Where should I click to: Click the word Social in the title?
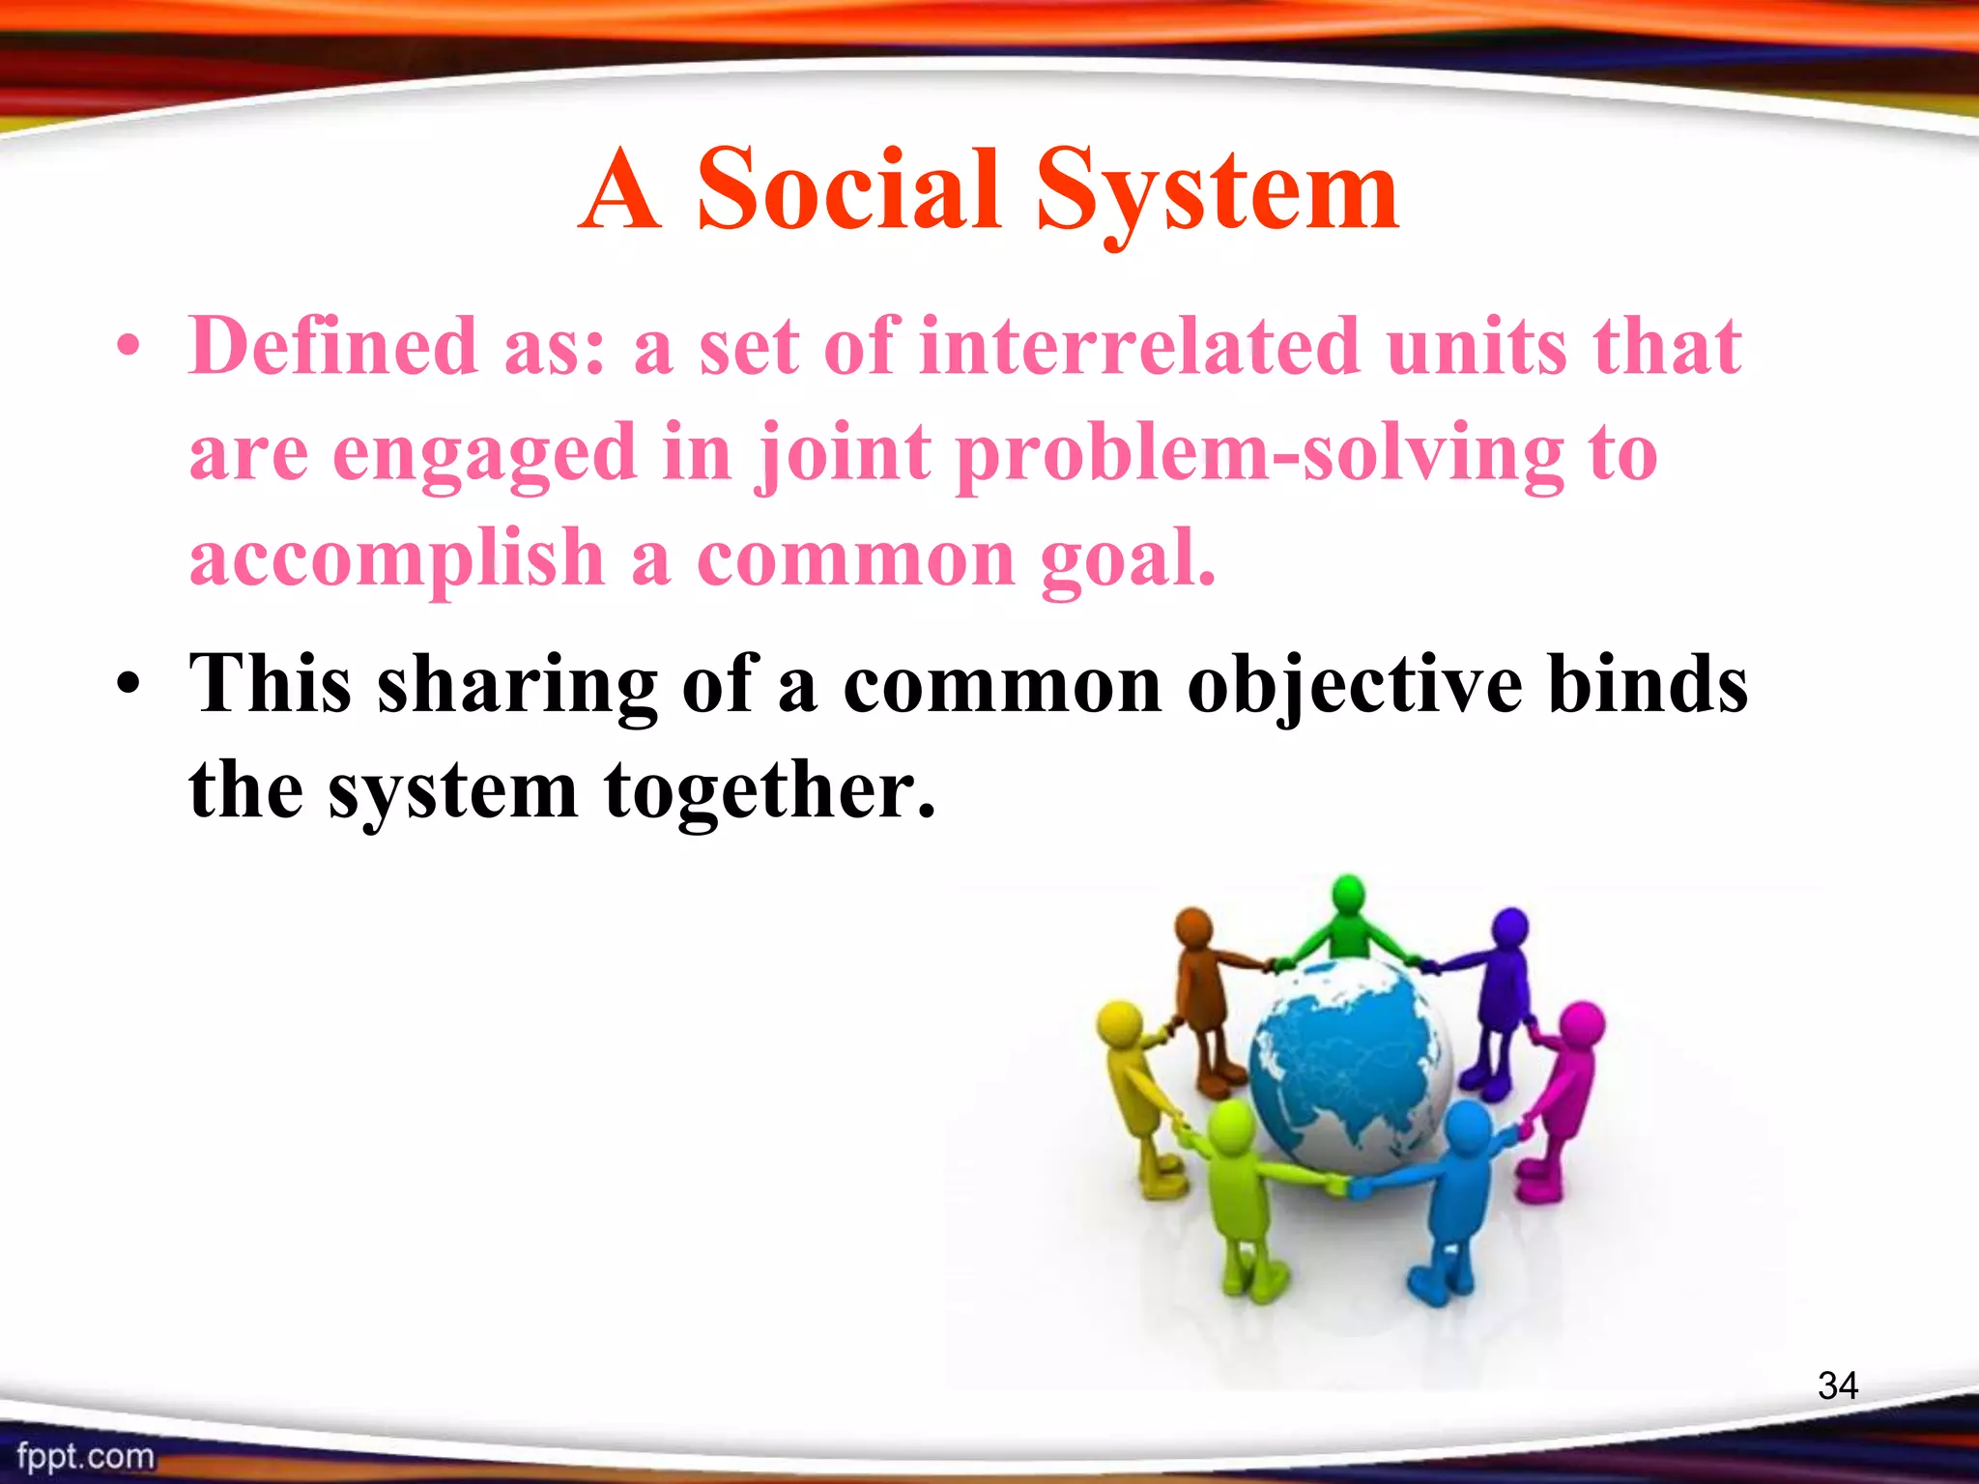tap(847, 190)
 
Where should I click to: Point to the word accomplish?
tap(396, 560)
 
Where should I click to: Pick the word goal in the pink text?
tap(1126, 560)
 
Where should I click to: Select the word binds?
tap(1647, 684)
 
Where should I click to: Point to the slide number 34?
tap(1837, 1385)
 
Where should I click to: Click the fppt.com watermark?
tap(85, 1455)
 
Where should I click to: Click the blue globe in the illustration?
tap(1349, 1063)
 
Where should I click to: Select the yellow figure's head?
tap(1120, 1022)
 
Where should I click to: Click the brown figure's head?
tap(1194, 926)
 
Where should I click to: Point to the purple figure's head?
tap(1509, 927)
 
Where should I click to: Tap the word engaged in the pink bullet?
tap(484, 454)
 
